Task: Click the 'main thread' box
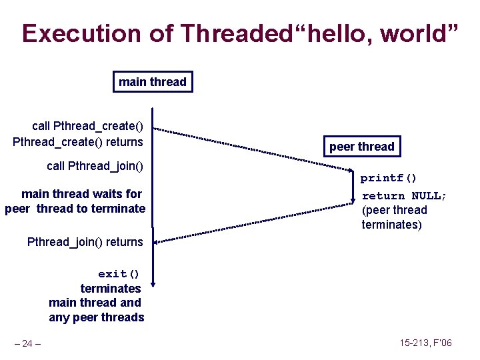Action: click(153, 82)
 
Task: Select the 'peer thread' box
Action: click(362, 146)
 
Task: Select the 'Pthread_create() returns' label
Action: click(78, 141)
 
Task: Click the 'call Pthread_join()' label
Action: click(95, 165)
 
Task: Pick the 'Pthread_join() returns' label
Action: click(85, 241)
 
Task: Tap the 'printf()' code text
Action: click(389, 178)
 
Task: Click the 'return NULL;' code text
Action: click(404, 195)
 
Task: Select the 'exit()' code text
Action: click(119, 274)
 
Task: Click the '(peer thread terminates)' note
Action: click(394, 217)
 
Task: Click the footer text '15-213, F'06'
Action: click(425, 343)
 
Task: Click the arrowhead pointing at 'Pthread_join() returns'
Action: click(159, 241)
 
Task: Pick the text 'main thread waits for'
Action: click(81, 194)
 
